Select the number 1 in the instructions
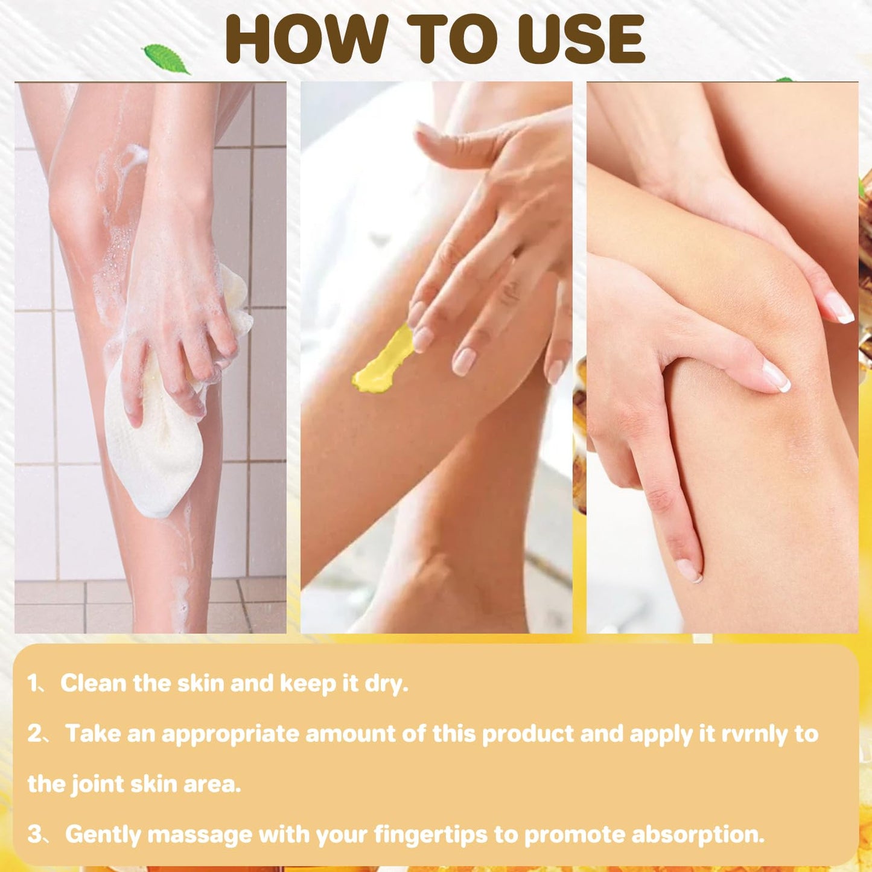tap(33, 684)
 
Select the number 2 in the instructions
tap(35, 734)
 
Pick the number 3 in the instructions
tap(35, 835)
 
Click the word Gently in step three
tap(103, 835)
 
